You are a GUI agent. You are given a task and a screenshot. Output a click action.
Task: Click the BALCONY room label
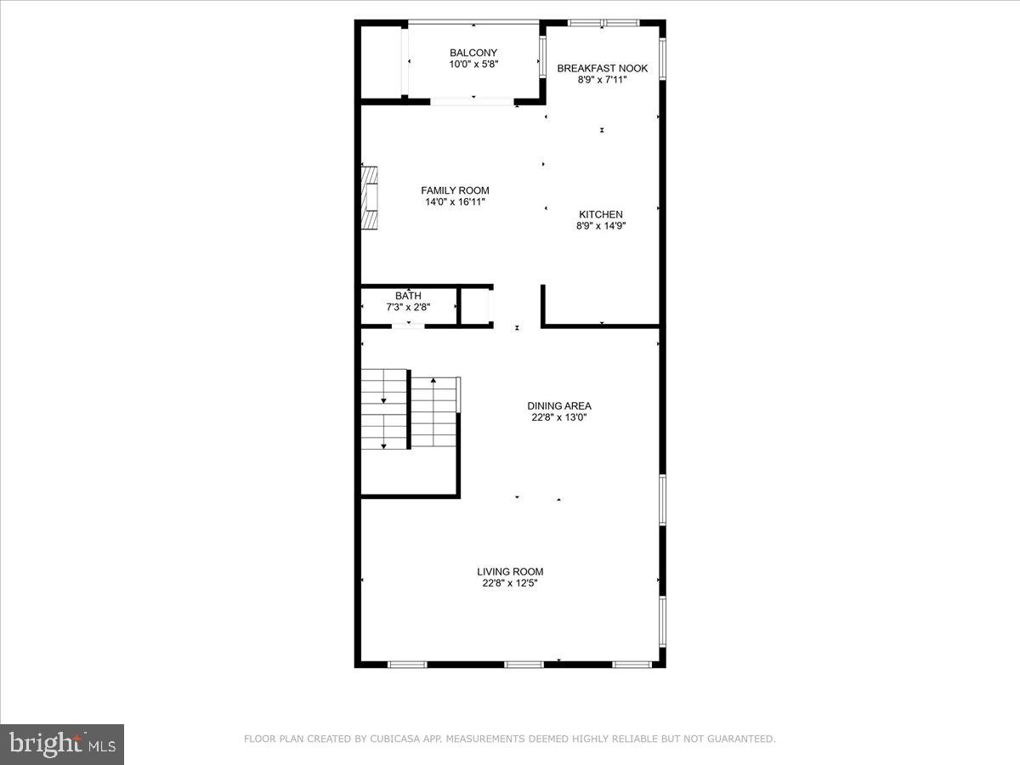(x=473, y=53)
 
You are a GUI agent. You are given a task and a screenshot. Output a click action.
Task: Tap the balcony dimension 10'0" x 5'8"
(x=473, y=64)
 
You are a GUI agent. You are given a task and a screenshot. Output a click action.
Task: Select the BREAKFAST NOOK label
(x=602, y=68)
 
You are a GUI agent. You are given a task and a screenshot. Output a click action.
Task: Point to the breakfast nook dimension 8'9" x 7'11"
(x=602, y=80)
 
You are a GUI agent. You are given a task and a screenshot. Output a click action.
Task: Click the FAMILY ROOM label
(x=455, y=190)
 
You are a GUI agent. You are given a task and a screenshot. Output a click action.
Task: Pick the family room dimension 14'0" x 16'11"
(x=455, y=202)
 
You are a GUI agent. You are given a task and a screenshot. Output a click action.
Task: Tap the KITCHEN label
(x=601, y=214)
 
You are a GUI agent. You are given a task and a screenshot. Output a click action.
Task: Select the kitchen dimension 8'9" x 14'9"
(x=601, y=226)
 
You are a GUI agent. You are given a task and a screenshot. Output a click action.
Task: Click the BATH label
(x=408, y=296)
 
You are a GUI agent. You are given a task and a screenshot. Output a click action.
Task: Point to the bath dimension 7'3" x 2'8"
(x=408, y=307)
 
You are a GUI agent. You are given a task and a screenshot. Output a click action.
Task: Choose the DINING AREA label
(x=558, y=406)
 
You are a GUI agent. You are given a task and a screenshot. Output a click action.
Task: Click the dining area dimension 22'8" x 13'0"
(x=558, y=417)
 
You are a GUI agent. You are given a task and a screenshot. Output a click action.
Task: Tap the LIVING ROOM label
(x=510, y=572)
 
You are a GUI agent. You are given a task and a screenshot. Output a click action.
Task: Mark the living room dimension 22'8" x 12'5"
(x=510, y=583)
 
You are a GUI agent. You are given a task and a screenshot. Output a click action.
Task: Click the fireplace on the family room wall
(x=370, y=197)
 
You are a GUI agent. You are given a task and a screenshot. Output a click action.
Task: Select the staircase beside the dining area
(x=410, y=410)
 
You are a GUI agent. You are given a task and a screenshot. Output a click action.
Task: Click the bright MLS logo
(x=62, y=745)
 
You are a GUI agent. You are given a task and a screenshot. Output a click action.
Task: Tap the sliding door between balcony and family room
(x=472, y=102)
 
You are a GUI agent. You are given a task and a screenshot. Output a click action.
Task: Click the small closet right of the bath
(x=476, y=307)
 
